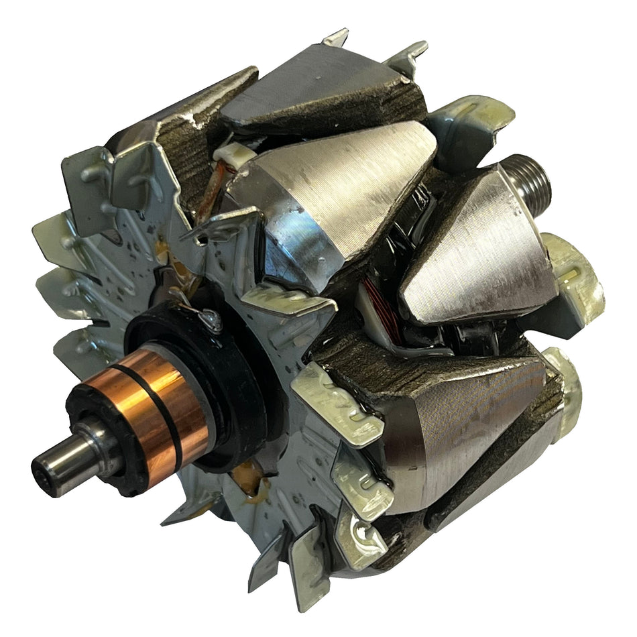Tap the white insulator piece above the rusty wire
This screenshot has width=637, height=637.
235,156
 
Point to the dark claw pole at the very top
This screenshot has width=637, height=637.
322,87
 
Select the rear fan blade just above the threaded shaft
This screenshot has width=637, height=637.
469,127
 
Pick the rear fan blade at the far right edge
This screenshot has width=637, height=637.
577,275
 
